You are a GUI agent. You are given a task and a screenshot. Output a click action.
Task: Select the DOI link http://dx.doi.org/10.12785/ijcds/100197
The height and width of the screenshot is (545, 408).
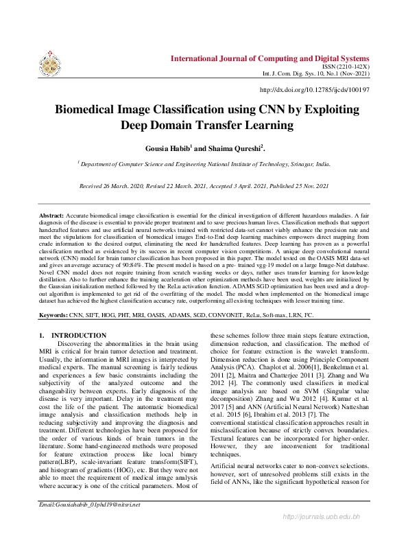click(x=315, y=90)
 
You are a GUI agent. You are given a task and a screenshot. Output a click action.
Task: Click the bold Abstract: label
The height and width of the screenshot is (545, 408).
click(x=52, y=216)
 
